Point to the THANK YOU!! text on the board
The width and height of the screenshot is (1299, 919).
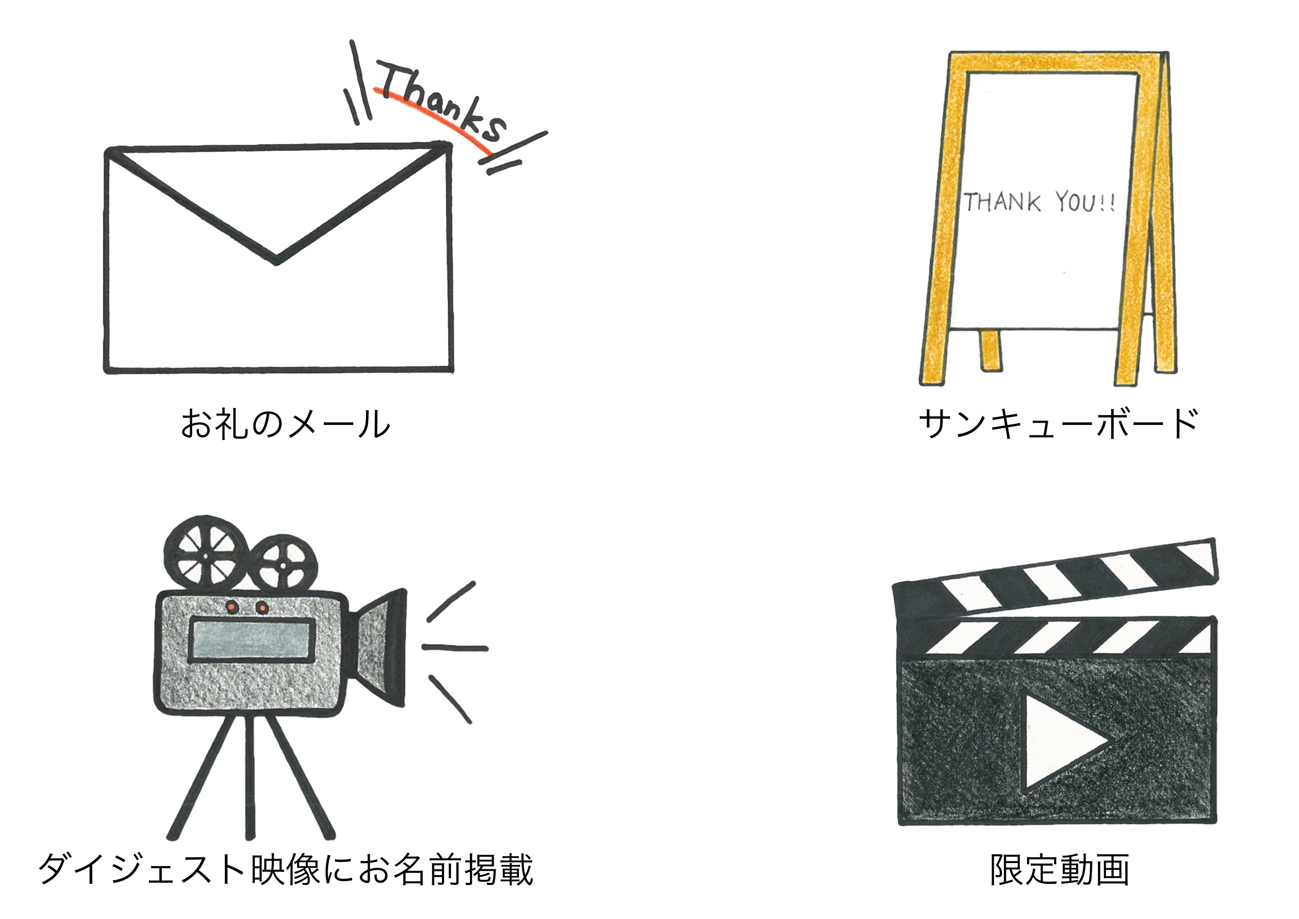1039,202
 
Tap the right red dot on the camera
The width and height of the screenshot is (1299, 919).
262,607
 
